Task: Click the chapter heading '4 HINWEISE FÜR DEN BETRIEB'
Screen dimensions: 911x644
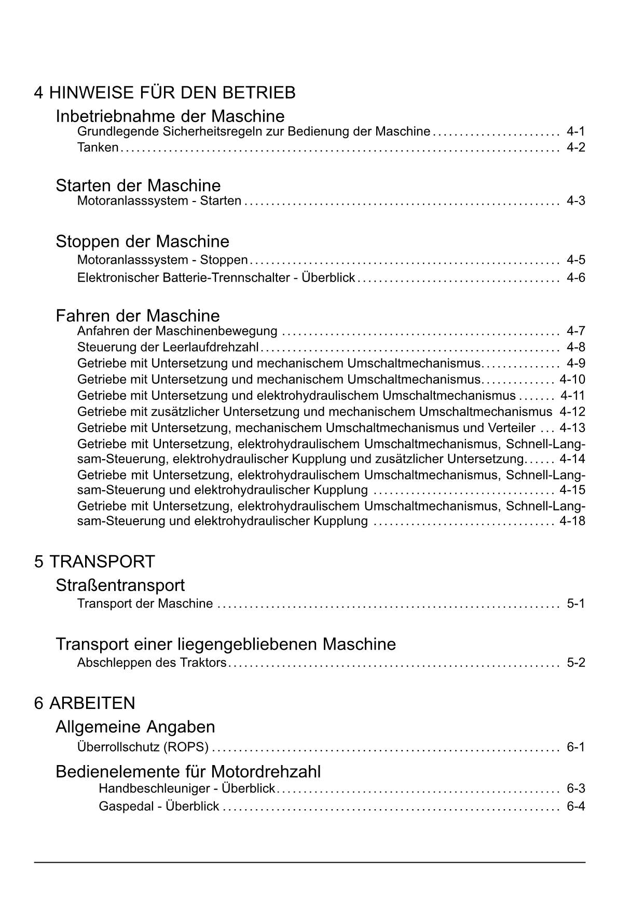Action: (x=165, y=92)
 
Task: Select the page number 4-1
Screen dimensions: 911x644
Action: (x=576, y=131)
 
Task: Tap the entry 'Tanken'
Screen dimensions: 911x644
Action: (x=98, y=148)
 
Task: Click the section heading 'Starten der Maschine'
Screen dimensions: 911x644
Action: (x=138, y=185)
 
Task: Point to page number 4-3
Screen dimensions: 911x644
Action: (x=576, y=201)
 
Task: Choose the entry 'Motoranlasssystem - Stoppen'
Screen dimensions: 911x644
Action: (x=162, y=260)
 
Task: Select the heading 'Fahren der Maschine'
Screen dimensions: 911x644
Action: (x=138, y=316)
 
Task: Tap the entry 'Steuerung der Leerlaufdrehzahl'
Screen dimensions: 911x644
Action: (x=168, y=347)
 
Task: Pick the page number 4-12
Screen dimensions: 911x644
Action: (x=572, y=412)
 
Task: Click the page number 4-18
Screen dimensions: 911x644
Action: (x=572, y=521)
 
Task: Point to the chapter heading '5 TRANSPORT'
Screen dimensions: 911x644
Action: (x=94, y=561)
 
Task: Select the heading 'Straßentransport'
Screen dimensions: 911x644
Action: (x=120, y=585)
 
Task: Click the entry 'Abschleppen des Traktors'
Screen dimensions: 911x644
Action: (x=152, y=663)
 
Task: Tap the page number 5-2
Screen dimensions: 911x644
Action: (x=576, y=663)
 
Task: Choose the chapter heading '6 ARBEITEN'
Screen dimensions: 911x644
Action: (x=85, y=703)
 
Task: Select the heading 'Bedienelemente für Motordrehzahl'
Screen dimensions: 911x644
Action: (x=188, y=772)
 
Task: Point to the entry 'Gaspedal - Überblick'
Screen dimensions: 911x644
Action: (x=159, y=807)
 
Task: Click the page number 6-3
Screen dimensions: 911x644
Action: (x=576, y=789)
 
